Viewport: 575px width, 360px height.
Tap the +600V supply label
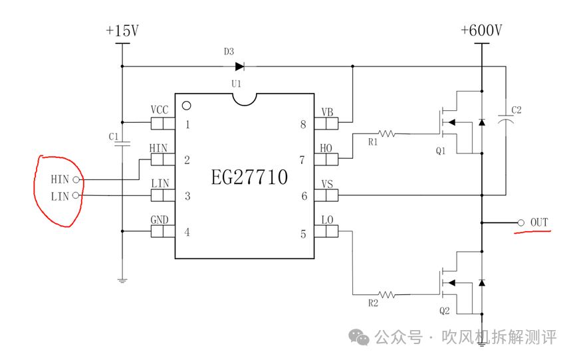click(481, 31)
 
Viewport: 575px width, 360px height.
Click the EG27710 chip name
click(249, 178)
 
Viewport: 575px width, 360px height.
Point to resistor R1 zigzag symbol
click(387, 134)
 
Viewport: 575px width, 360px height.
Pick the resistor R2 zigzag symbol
click(387, 294)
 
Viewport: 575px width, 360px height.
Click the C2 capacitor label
click(516, 110)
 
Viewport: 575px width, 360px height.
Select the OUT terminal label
click(539, 223)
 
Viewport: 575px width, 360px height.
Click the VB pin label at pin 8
click(327, 112)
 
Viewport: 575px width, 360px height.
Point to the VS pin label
click(327, 183)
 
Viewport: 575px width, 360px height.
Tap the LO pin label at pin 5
click(326, 219)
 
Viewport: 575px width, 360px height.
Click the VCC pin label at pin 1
click(160, 110)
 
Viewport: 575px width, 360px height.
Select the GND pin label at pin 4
click(160, 219)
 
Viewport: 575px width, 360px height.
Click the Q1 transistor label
click(441, 151)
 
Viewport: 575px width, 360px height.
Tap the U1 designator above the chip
click(236, 84)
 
